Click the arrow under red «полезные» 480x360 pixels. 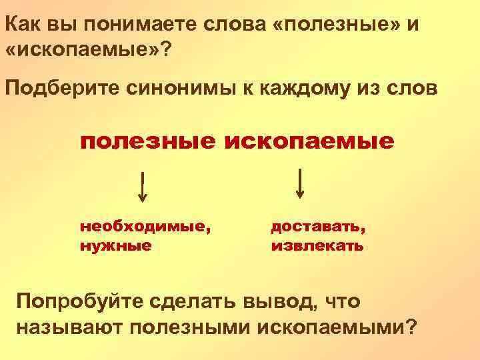tap(143, 186)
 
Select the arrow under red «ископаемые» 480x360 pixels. tap(301, 184)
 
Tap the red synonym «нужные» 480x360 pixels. tap(115, 245)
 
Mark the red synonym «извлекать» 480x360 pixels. tap(317, 245)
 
